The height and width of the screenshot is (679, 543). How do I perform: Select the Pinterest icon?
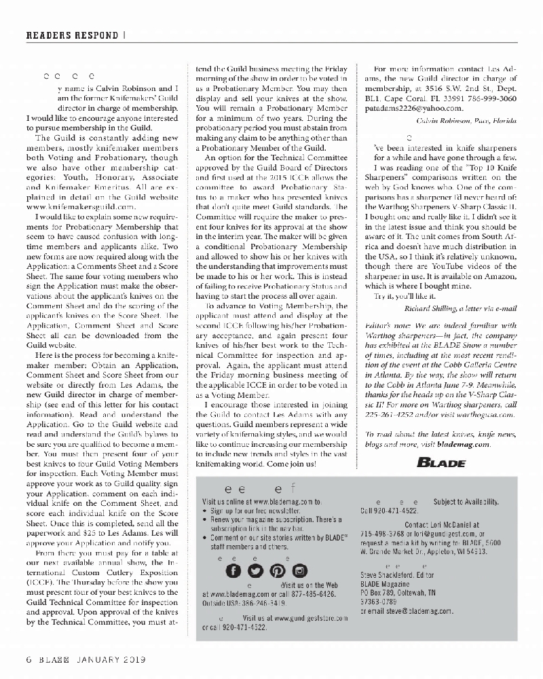(276, 569)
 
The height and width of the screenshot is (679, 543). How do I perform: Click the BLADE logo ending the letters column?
(441, 463)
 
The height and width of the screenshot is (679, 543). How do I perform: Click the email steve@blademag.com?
(415, 611)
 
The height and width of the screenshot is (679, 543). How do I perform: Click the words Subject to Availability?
(466, 501)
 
